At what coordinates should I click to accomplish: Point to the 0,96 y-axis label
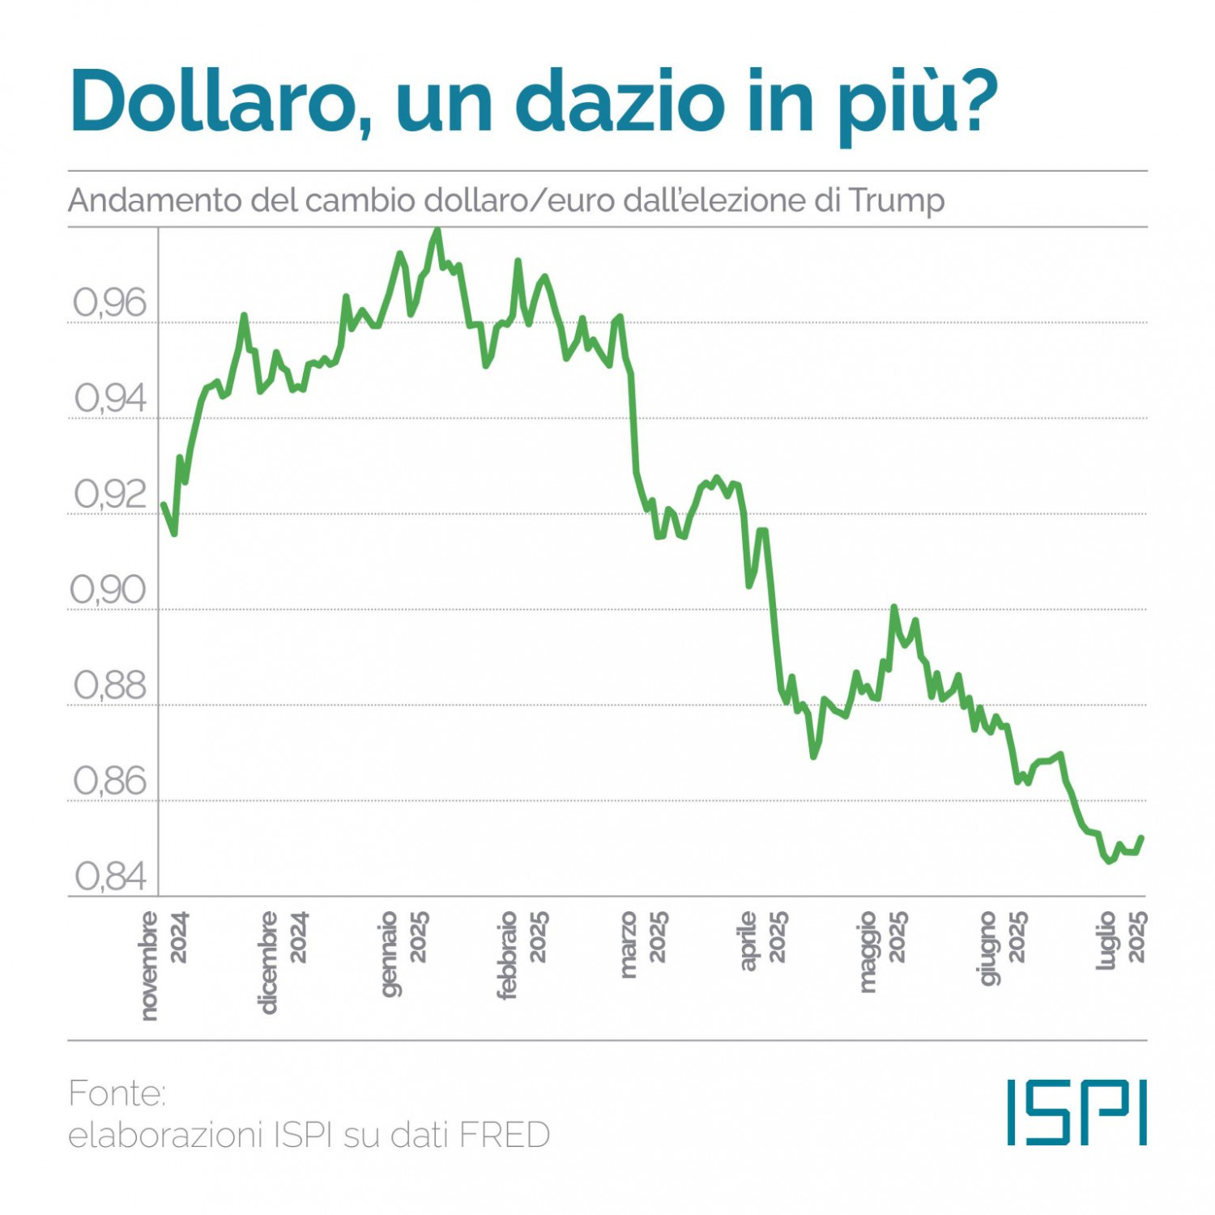(110, 304)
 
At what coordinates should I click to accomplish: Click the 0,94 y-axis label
(110, 399)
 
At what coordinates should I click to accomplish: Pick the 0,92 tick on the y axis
(110, 495)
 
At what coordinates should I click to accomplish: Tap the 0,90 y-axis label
(109, 590)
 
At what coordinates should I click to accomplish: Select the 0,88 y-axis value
(110, 686)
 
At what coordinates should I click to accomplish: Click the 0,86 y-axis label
(110, 782)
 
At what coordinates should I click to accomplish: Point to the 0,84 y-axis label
(110, 876)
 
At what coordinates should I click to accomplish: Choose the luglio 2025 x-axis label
(1122, 940)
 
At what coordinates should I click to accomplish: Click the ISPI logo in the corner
(1076, 1112)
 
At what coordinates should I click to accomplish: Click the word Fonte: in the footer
(117, 1093)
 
